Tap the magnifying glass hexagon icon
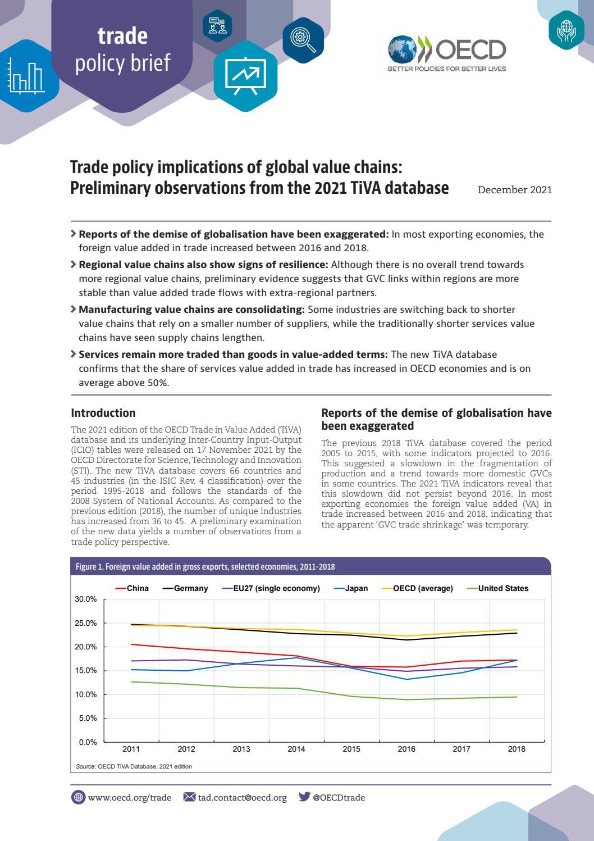303,40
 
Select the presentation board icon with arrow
246,76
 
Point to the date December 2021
515,190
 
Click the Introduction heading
103,413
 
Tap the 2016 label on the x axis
406,749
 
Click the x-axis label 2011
131,749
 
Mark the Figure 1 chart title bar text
205,567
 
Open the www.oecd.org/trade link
129,797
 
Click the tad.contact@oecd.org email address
242,797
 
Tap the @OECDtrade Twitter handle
339,797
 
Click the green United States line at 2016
406,699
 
